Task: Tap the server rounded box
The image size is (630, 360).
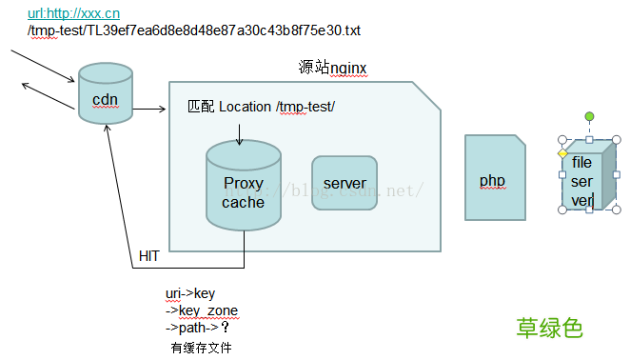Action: tap(345, 183)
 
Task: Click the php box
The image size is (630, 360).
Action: tap(494, 179)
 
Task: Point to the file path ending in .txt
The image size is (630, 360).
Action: tap(194, 30)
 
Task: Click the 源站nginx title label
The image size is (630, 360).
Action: tap(332, 68)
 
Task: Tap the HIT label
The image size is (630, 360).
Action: tap(149, 256)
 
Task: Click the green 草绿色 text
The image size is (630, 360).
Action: tap(548, 329)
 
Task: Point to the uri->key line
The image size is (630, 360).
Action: tap(191, 293)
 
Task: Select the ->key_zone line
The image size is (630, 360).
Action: tap(202, 310)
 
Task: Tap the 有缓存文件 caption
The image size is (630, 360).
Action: tap(201, 348)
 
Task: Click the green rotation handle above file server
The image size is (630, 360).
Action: tap(589, 116)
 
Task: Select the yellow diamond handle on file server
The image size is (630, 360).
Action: tap(562, 153)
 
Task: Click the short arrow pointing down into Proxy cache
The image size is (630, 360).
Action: tap(239, 133)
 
